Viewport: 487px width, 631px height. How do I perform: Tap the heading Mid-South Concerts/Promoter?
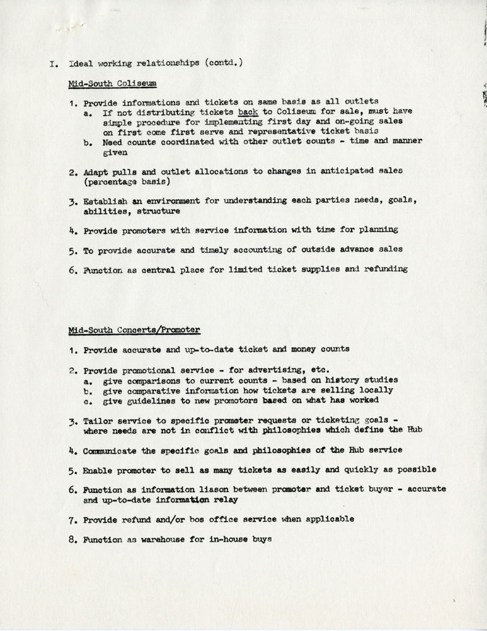(x=134, y=330)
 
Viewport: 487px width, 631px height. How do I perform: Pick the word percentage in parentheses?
(x=113, y=181)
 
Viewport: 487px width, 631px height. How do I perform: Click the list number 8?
(x=71, y=539)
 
